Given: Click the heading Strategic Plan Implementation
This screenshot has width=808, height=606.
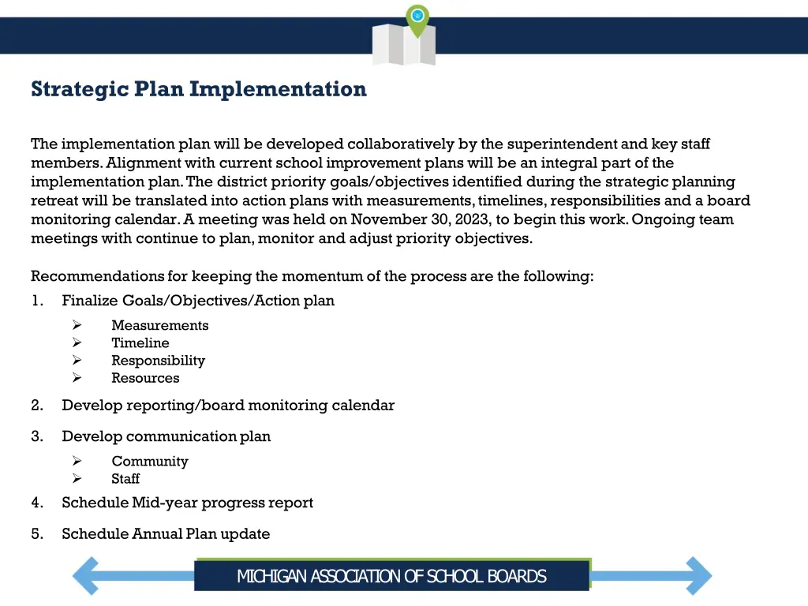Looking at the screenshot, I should pos(199,89).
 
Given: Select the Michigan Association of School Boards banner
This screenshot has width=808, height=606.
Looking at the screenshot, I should pos(391,576).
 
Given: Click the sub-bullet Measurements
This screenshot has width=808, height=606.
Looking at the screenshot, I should pos(159,325).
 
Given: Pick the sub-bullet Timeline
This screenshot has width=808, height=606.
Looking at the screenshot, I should pos(140,342).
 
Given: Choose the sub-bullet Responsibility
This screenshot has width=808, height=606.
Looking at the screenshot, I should pos(158,361).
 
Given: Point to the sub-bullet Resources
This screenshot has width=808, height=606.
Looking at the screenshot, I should pos(145,378).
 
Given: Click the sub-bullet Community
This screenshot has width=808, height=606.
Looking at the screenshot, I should pos(149,462).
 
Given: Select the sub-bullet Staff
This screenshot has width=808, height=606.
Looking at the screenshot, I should pos(125,479).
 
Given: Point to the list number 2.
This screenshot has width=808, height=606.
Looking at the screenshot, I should pos(37,406).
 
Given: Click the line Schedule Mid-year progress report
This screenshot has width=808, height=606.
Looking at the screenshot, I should pos(187,503).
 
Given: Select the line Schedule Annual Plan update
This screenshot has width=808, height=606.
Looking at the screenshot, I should pos(166,534).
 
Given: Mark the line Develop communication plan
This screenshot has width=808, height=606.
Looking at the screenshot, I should pos(166,436).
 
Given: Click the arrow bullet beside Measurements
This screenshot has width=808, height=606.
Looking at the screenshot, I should pos(77,325).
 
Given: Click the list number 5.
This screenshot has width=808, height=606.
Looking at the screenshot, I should pos(37,534).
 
